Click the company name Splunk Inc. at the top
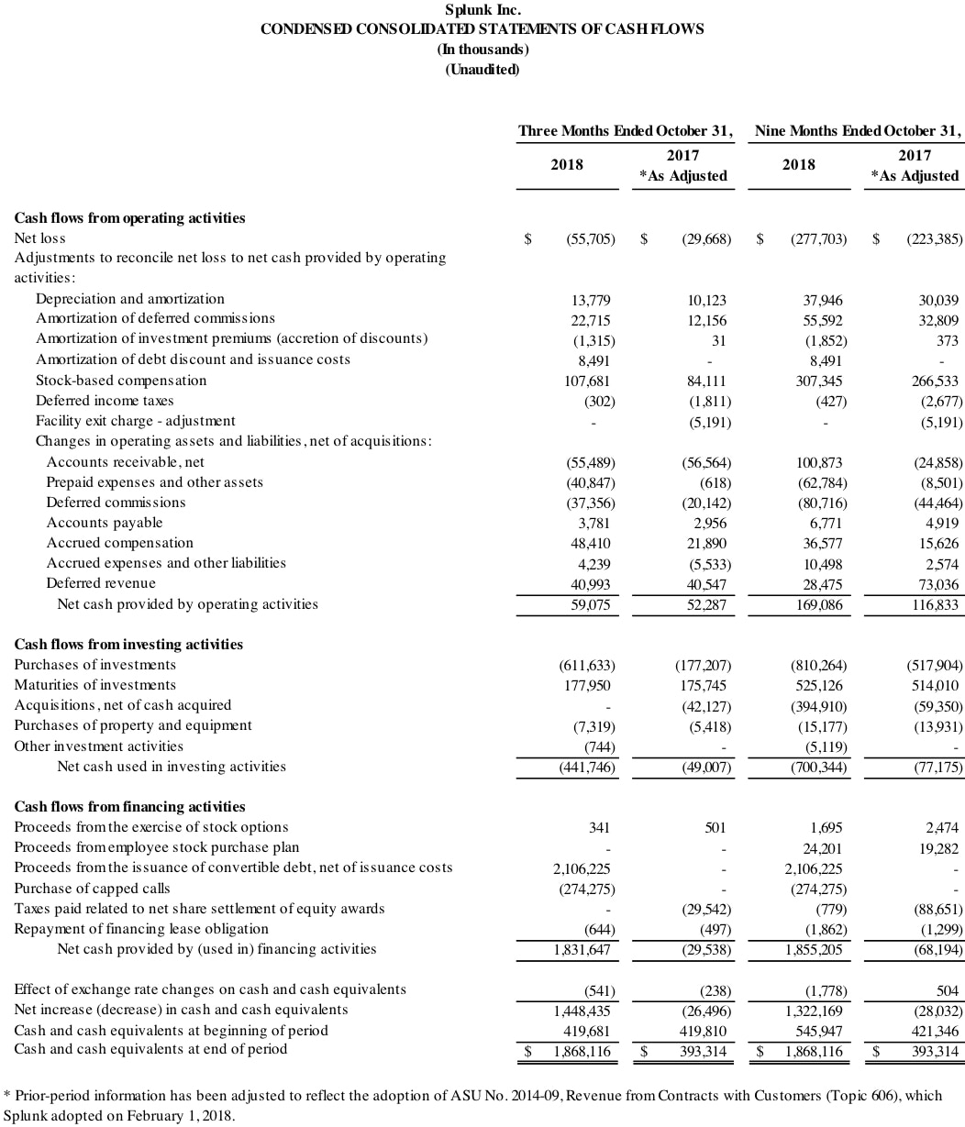click(482, 10)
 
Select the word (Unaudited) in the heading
click(482, 71)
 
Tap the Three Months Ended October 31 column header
click(625, 131)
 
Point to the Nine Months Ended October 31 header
click(858, 131)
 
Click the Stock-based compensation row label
click(121, 381)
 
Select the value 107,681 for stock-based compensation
click(587, 381)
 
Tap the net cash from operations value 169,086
click(819, 605)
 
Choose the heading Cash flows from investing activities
click(128, 645)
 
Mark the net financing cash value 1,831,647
click(582, 950)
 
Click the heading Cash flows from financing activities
click(129, 807)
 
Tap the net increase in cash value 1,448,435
click(582, 1011)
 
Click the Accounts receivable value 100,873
click(819, 463)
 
